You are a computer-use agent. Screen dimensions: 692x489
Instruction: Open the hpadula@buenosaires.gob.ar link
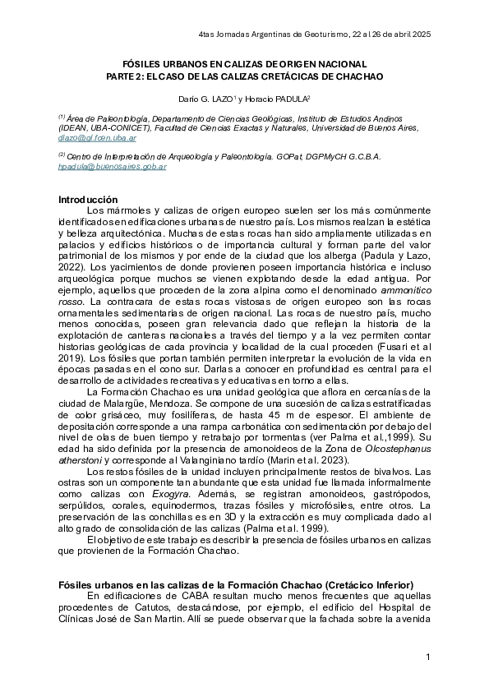coord(113,166)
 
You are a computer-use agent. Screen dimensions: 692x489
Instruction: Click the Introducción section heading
coord(88,201)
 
